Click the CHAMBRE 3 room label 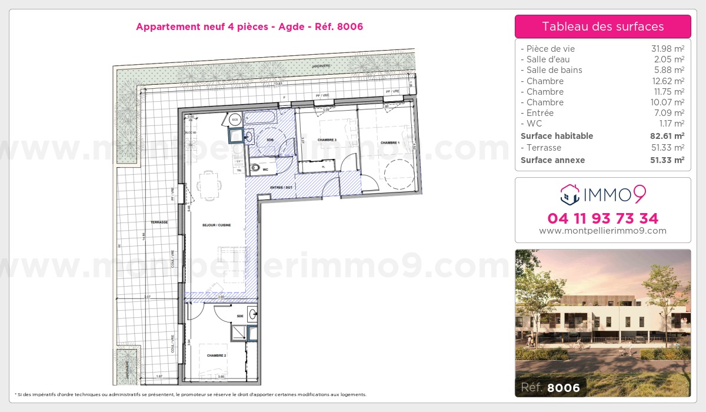pyautogui.click(x=327, y=140)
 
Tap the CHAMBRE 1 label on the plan pyautogui.click(x=389, y=143)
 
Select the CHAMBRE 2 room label pyautogui.click(x=217, y=355)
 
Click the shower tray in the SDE pyautogui.click(x=239, y=333)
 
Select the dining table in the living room pyautogui.click(x=209, y=184)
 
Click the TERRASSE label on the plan pyautogui.click(x=159, y=222)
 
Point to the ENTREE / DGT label pyautogui.click(x=281, y=187)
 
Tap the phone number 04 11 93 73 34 pyautogui.click(x=602, y=218)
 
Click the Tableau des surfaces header pyautogui.click(x=602, y=26)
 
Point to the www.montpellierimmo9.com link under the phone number pyautogui.click(x=602, y=231)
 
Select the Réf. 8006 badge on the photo pyautogui.click(x=550, y=387)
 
